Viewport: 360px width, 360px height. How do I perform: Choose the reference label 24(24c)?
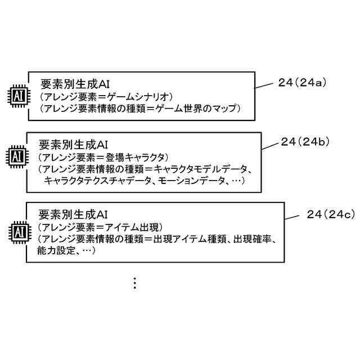(x=331, y=214)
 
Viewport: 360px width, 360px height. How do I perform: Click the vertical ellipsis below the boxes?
(x=134, y=283)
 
